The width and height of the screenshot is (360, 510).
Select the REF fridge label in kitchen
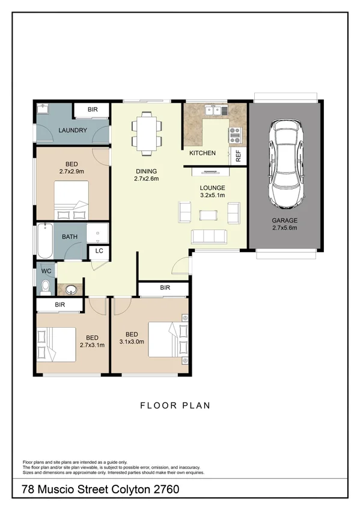(x=239, y=155)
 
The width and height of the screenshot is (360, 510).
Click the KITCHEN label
(x=203, y=153)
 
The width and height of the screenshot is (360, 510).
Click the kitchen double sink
(x=215, y=110)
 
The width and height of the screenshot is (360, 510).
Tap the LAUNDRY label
(x=73, y=131)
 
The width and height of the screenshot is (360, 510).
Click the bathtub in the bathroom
(x=45, y=241)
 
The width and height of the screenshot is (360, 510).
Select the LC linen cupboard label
(x=99, y=251)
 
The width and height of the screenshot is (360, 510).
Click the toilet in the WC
(x=45, y=287)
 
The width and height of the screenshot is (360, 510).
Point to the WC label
(x=46, y=271)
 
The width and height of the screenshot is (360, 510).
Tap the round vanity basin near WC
(x=73, y=289)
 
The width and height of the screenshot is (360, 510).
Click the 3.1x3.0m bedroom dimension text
(x=132, y=342)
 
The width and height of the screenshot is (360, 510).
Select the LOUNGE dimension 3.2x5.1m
(x=212, y=195)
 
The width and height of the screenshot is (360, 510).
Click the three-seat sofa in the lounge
(x=209, y=236)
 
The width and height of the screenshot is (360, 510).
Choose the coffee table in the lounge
(x=209, y=215)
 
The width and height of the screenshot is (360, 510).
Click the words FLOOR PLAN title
(x=175, y=405)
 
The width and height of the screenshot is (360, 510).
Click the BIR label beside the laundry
(x=93, y=109)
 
